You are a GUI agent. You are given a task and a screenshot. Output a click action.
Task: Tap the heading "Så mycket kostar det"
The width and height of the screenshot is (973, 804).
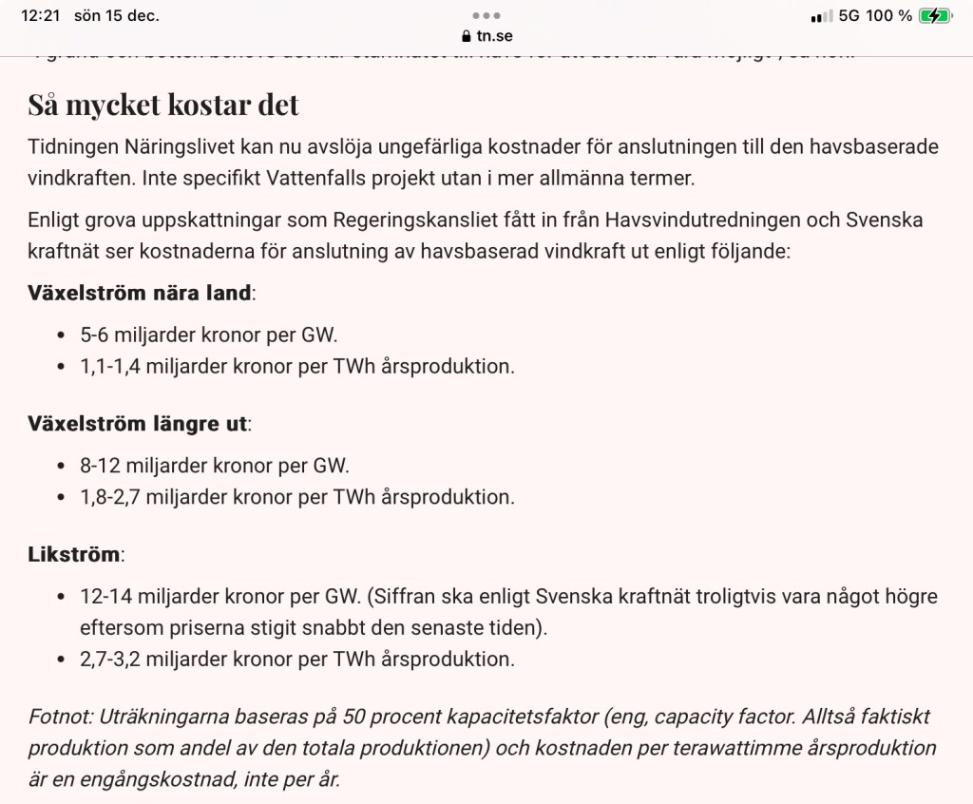[162, 104]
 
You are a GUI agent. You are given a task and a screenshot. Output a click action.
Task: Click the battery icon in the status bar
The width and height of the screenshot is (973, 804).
[935, 15]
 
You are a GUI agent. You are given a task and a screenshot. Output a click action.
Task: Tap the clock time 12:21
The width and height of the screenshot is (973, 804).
[40, 15]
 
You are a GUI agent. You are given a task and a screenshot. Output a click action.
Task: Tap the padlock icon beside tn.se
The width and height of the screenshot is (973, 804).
[466, 36]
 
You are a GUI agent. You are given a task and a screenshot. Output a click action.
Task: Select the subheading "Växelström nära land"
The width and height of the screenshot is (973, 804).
[140, 293]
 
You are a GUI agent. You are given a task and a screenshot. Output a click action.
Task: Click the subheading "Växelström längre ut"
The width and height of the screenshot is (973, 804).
[138, 423]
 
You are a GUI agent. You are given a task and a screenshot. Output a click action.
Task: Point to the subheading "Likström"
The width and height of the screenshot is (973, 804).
[75, 553]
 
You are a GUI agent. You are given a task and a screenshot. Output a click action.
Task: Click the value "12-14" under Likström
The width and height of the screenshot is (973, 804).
[106, 596]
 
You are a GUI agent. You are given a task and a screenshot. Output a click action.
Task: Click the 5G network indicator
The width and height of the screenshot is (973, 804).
[849, 15]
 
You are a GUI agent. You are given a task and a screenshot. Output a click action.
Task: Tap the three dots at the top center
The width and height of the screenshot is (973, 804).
[486, 15]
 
